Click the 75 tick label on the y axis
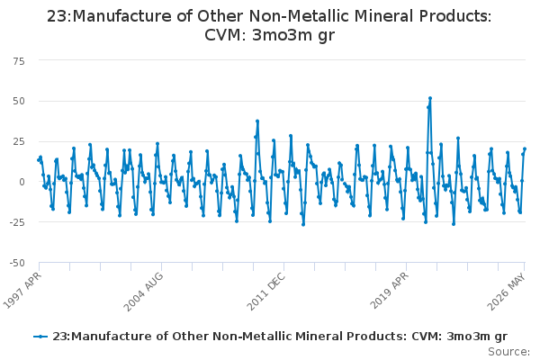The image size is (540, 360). (x=19, y=61)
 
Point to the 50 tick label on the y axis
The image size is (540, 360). (x=19, y=101)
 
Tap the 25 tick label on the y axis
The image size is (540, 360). (x=19, y=141)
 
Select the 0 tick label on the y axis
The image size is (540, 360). (x=22, y=182)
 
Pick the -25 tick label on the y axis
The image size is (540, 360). (x=17, y=222)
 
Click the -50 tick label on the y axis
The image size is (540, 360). (x=17, y=263)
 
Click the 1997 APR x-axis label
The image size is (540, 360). (x=22, y=290)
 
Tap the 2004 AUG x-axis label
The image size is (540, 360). (x=143, y=292)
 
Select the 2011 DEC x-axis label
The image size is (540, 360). (x=265, y=292)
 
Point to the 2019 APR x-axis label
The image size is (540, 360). (x=389, y=290)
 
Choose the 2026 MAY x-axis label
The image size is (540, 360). (x=506, y=292)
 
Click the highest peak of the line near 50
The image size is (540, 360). (x=430, y=98)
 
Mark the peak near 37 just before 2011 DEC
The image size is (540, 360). (x=257, y=121)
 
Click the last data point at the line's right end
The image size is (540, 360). (x=525, y=148)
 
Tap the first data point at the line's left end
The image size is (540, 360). (x=39, y=160)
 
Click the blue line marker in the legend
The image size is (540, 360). (x=40, y=337)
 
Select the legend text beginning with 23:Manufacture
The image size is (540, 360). (x=280, y=337)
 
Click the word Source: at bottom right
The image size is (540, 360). (x=508, y=352)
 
